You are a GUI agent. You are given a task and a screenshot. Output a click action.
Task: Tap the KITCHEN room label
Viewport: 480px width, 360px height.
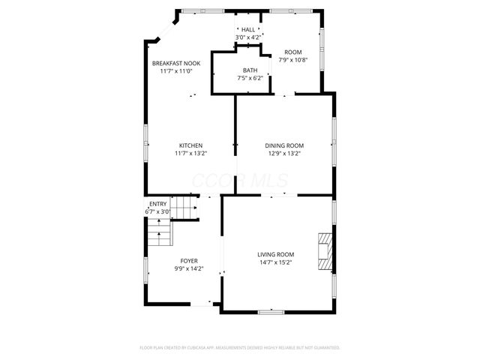[x=190, y=145]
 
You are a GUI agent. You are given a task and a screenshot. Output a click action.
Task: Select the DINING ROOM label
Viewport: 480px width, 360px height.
[x=284, y=145]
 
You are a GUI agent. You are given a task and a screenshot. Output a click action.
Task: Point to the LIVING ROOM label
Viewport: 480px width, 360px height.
[x=276, y=254]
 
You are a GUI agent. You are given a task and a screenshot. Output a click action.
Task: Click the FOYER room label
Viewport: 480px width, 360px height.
[x=189, y=260]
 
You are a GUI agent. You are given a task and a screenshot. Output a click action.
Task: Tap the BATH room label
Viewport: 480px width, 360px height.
[x=249, y=70]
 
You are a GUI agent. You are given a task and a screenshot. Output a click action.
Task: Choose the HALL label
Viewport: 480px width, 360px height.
[x=247, y=29]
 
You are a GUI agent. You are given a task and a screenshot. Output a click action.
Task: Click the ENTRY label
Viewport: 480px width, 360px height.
[x=158, y=204]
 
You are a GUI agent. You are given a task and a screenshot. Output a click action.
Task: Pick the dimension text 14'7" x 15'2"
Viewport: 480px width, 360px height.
[x=276, y=262]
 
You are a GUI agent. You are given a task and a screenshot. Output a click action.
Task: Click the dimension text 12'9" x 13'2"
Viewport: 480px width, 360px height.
[x=284, y=154]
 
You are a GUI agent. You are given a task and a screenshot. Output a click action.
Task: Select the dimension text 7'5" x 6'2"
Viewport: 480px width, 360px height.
[x=249, y=77]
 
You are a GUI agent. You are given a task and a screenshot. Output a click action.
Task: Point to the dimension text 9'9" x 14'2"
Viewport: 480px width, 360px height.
[x=189, y=268]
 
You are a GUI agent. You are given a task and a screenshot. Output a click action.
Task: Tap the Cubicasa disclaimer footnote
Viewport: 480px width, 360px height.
[x=240, y=348]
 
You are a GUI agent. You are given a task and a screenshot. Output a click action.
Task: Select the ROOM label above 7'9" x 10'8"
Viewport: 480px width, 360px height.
[x=292, y=52]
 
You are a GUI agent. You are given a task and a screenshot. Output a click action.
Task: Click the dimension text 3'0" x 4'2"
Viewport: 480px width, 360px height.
[x=247, y=37]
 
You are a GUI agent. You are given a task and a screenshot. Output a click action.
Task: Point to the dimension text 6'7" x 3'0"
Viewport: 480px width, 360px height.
[x=158, y=211]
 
